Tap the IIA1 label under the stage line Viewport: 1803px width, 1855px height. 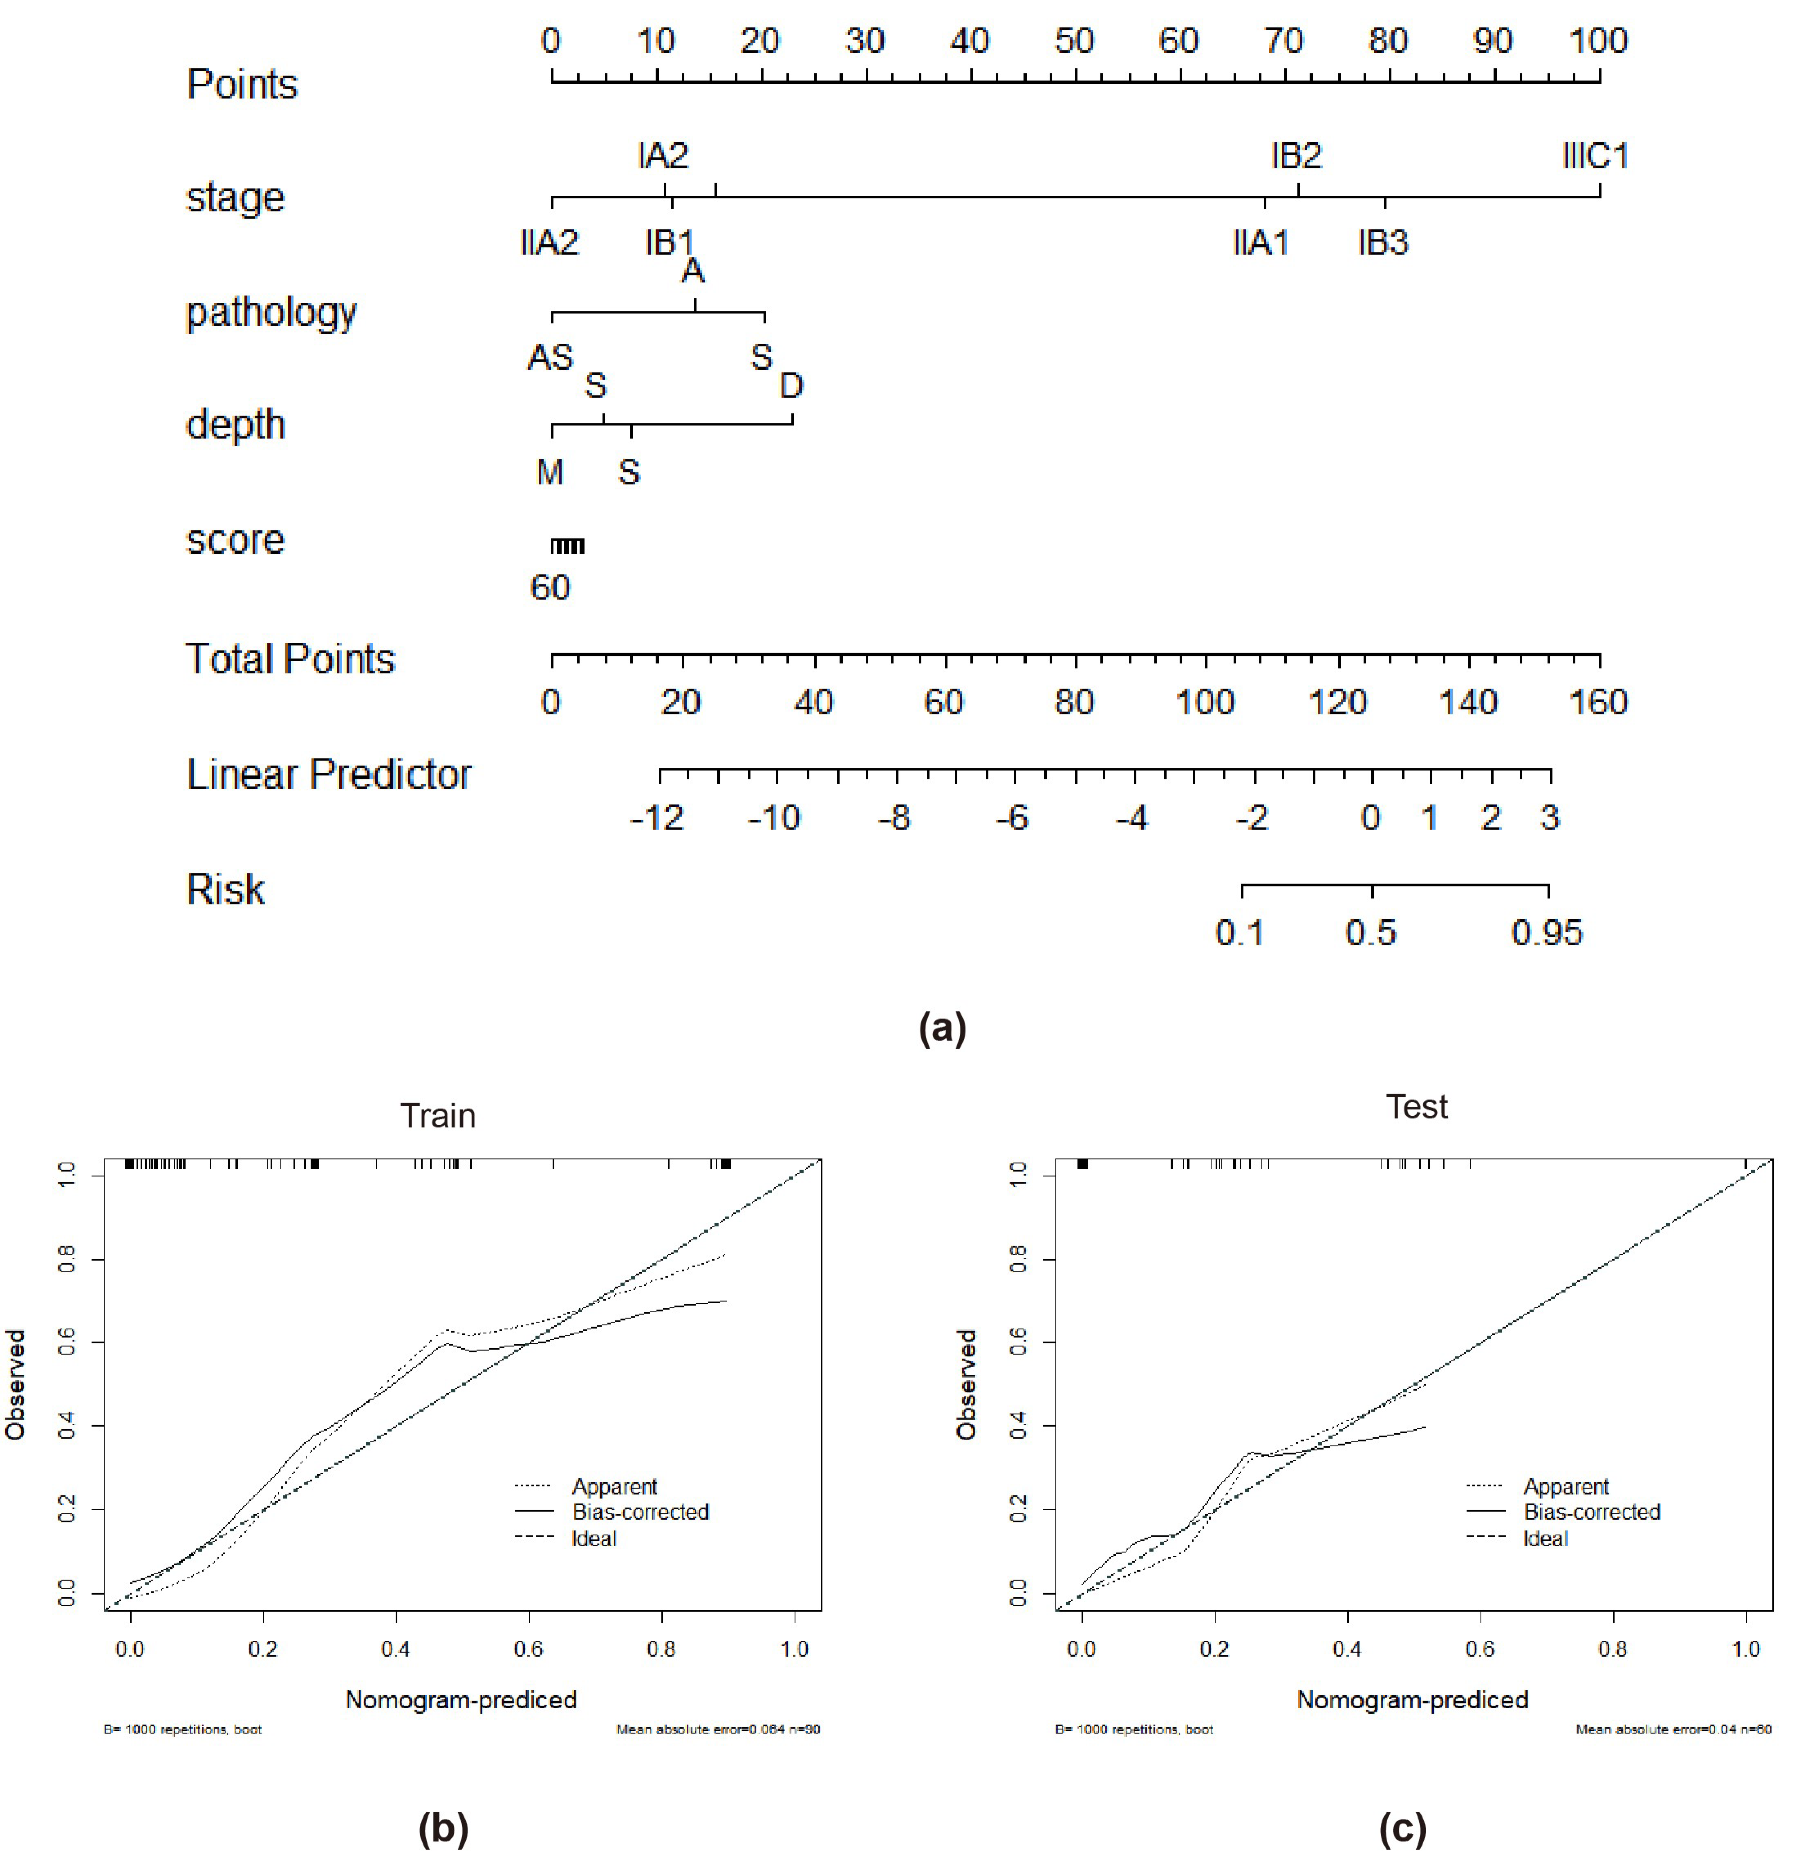tap(1261, 243)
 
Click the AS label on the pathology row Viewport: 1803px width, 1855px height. tap(550, 358)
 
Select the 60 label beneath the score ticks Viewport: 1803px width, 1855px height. tap(550, 588)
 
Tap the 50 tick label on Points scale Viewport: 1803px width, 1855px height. tap(1074, 41)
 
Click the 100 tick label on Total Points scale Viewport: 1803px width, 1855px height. tap(1205, 703)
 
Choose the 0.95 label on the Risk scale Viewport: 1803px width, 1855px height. tap(1546, 934)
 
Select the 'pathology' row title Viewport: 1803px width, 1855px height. tap(272, 313)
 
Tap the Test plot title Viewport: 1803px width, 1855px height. tap(1417, 1107)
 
